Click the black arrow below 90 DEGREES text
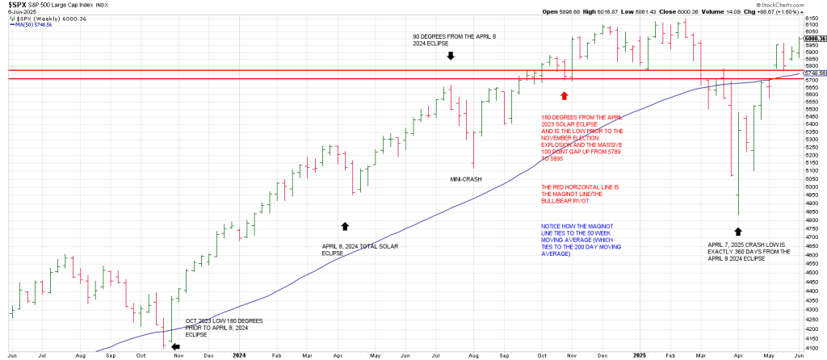451,56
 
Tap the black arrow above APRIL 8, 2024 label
345,226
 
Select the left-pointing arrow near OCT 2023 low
176,347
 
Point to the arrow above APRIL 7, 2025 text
737,208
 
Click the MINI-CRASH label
465,178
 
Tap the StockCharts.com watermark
795,5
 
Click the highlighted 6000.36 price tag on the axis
812,38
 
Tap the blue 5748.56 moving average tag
812,73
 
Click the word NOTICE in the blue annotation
553,227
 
